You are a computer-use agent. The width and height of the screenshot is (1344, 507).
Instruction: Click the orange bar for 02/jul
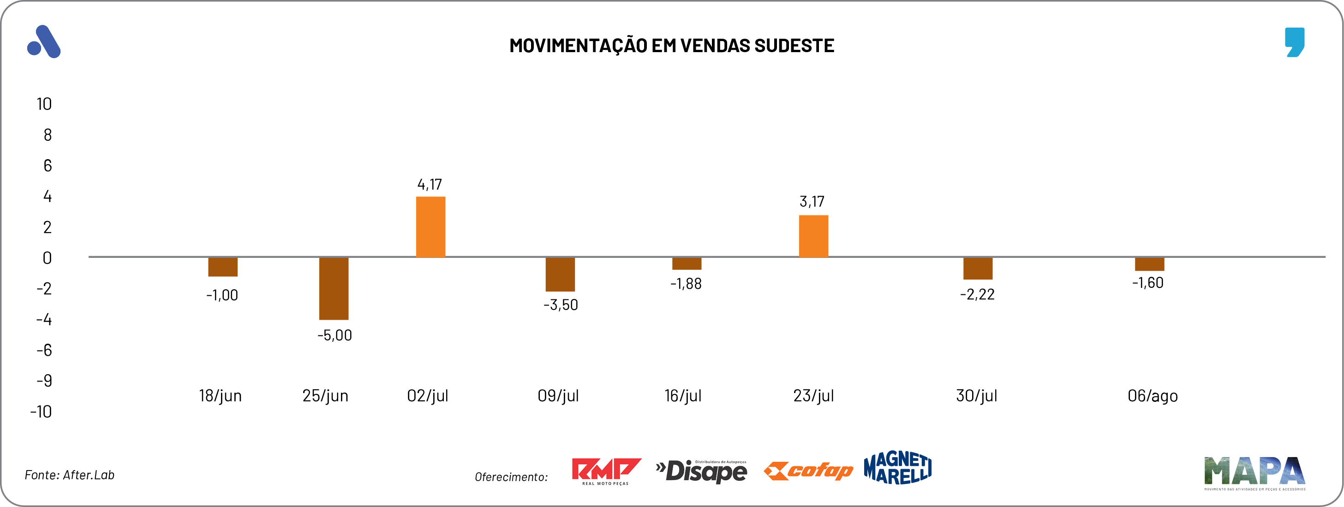point(430,227)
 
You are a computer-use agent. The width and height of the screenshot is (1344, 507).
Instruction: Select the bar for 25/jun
point(334,288)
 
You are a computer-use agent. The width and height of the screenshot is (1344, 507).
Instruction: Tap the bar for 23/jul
point(813,236)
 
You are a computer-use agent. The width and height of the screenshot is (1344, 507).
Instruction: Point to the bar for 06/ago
point(1149,264)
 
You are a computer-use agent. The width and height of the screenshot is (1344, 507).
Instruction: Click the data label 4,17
point(430,185)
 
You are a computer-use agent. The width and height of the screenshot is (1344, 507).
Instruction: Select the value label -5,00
point(335,335)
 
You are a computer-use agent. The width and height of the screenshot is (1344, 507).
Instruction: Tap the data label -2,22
point(977,295)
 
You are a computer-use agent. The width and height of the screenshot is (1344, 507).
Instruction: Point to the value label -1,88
point(686,284)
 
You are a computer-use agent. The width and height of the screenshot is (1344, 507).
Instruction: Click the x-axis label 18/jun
point(220,396)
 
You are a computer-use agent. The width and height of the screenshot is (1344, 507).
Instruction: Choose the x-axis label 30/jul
point(976,396)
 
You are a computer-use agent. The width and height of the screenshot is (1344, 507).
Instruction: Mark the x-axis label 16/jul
point(682,396)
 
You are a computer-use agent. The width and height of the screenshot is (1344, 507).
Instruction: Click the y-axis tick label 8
point(48,135)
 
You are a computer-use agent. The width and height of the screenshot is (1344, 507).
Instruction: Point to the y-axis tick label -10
point(41,412)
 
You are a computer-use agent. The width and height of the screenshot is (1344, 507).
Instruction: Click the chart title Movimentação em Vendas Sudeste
point(671,46)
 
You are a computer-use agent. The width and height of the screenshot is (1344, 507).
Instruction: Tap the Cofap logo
point(808,471)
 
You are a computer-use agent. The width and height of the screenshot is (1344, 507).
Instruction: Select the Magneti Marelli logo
point(897,468)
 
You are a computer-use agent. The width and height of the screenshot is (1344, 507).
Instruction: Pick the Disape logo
point(701,471)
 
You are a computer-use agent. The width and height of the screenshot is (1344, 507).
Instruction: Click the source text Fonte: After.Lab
point(69,475)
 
